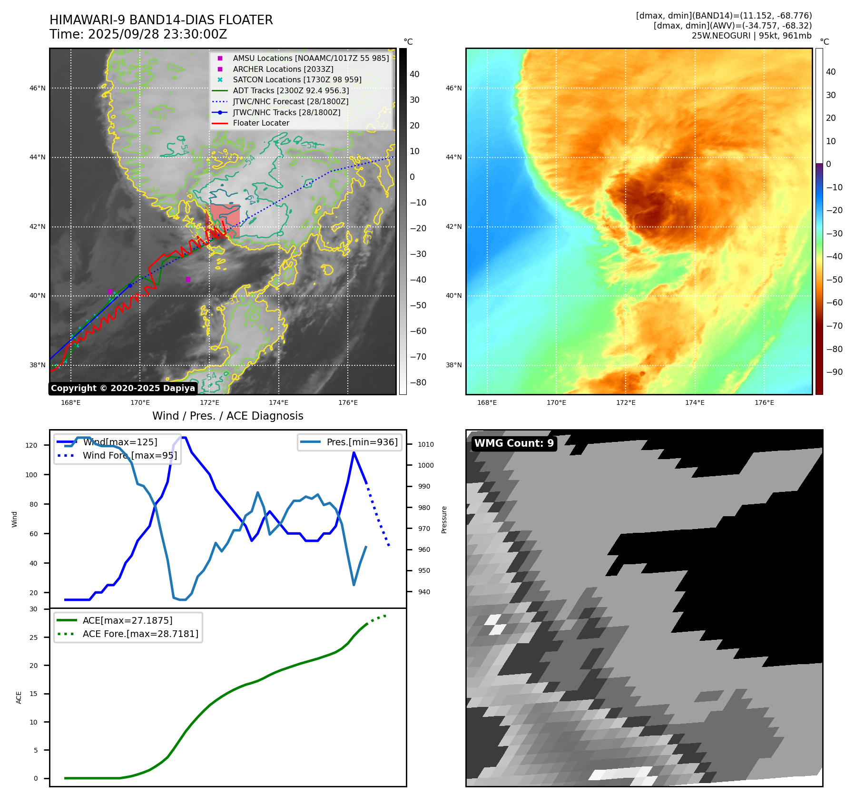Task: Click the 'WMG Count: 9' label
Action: click(514, 443)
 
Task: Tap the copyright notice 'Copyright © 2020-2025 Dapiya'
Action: click(123, 388)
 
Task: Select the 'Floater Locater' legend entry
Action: click(261, 123)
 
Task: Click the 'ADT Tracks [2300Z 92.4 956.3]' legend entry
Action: click(291, 90)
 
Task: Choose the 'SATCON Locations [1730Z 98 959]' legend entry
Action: click(297, 80)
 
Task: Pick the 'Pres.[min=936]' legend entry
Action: click(362, 442)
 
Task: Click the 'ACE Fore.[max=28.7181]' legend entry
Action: click(140, 634)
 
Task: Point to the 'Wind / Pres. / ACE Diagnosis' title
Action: click(227, 416)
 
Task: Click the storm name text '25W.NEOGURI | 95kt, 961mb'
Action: click(751, 36)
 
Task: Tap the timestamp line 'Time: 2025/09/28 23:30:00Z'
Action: click(138, 35)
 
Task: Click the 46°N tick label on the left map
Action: click(38, 88)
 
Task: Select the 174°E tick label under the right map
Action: click(695, 403)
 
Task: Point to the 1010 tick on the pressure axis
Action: click(425, 445)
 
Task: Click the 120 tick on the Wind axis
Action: click(31, 446)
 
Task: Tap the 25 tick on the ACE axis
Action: click(33, 637)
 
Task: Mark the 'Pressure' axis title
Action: click(444, 520)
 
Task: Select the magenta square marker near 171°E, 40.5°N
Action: click(188, 280)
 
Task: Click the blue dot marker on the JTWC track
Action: click(130, 286)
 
